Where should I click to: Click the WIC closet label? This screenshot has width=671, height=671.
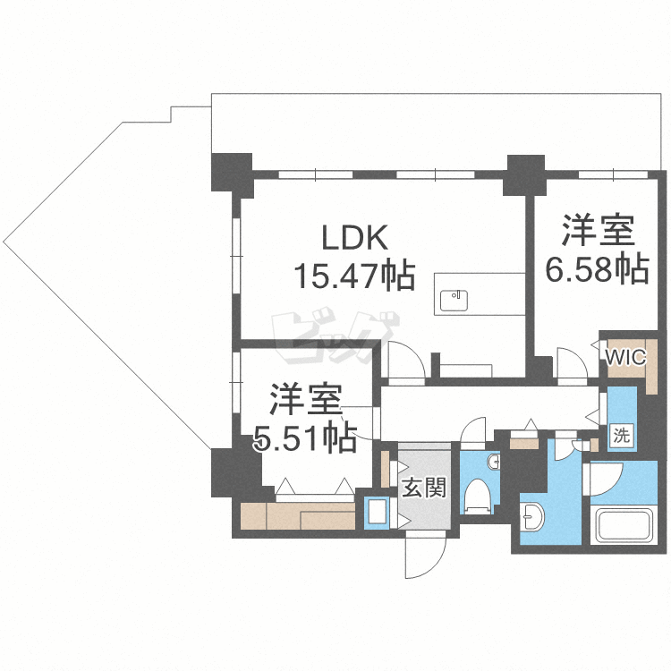pos(624,357)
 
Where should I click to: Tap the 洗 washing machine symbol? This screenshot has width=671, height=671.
pos(622,437)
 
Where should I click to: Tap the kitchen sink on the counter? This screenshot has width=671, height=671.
pos(454,295)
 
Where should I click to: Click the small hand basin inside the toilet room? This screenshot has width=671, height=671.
pos(494,462)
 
